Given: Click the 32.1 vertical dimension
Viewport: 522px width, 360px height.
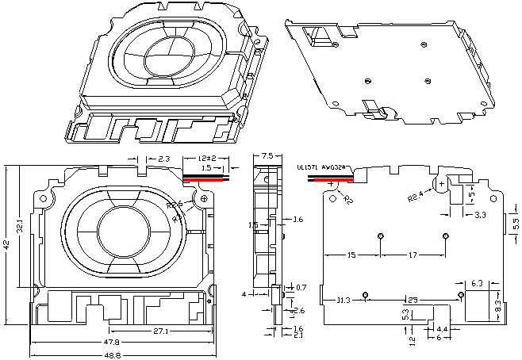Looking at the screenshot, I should pyautogui.click(x=21, y=225).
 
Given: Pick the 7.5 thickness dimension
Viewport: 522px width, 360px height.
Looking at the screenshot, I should pyautogui.click(x=267, y=156).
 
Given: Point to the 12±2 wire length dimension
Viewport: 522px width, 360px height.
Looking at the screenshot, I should pyautogui.click(x=208, y=159).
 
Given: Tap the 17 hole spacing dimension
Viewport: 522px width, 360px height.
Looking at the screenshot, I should pyautogui.click(x=413, y=255).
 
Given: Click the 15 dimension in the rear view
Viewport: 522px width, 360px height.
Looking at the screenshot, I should pyautogui.click(x=351, y=255).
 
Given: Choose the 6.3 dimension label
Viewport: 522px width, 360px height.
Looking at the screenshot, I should pyautogui.click(x=477, y=283).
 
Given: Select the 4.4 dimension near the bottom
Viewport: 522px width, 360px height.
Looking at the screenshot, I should pyautogui.click(x=442, y=328).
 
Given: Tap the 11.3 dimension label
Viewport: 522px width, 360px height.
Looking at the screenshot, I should pyautogui.click(x=344, y=301).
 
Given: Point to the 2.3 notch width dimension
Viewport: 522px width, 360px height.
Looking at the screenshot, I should pyautogui.click(x=163, y=160).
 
